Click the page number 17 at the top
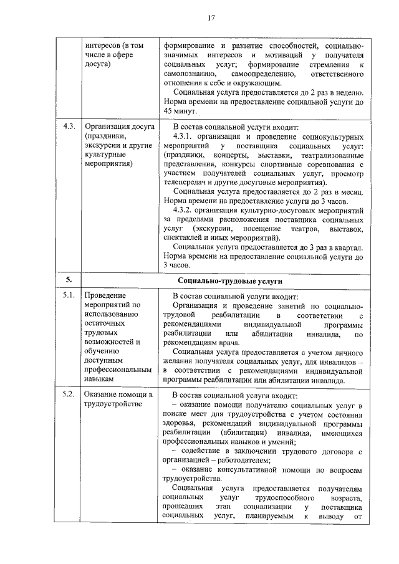click(x=211, y=18)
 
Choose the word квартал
click(x=349, y=248)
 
